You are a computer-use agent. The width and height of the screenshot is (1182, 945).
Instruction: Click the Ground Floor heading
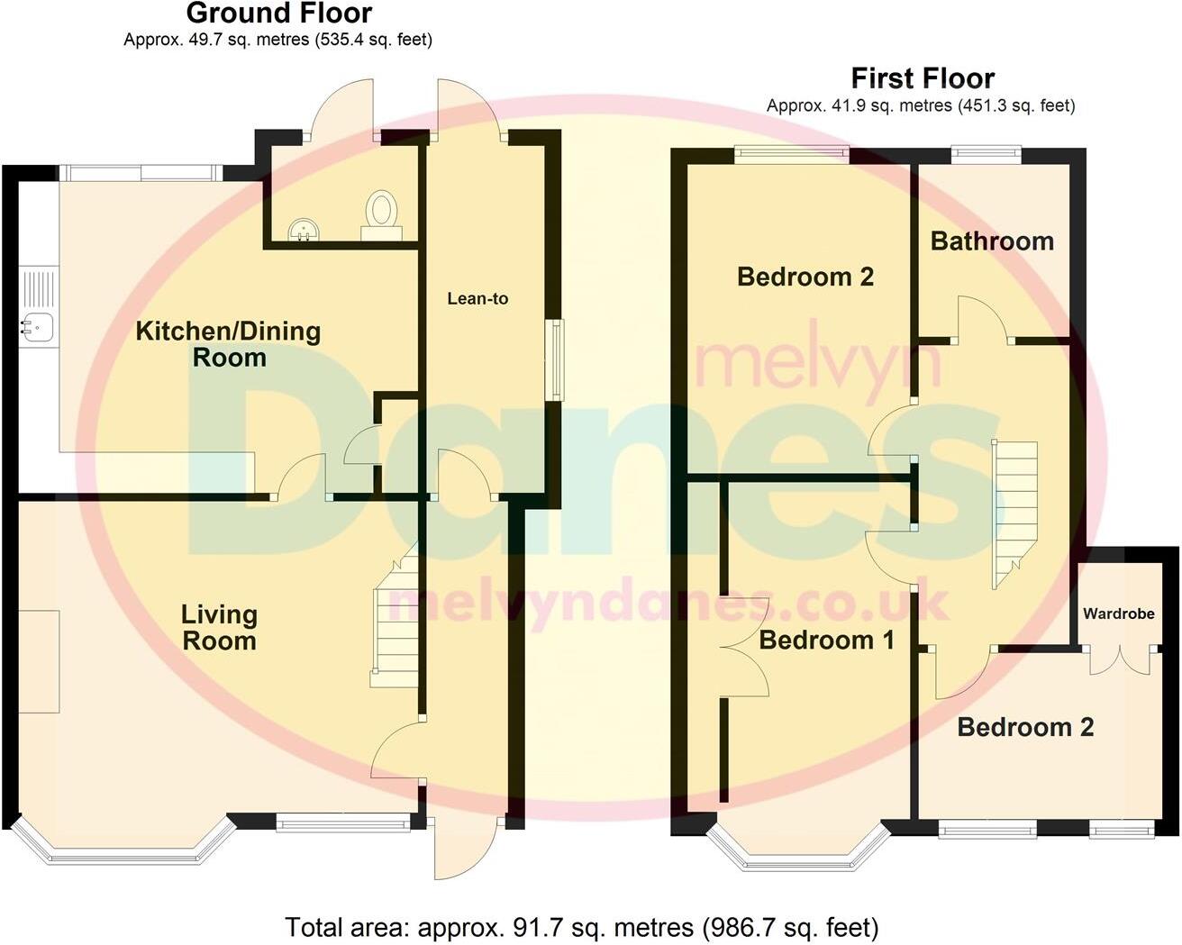pos(278,14)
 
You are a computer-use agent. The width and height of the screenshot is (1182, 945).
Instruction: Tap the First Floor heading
pos(922,78)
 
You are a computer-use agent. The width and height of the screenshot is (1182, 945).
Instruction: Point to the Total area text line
pos(581,927)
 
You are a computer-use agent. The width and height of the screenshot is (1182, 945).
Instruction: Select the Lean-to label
pos(477,298)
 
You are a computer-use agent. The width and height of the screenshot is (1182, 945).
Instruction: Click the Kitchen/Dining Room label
pos(228,343)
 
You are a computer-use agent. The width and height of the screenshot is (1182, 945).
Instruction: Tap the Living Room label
pos(219,627)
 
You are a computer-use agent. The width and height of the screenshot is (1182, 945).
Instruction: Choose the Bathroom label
pos(992,241)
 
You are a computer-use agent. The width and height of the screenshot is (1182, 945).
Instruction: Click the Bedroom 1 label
pos(826,640)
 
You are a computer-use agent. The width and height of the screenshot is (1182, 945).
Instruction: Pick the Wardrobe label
pos(1118,613)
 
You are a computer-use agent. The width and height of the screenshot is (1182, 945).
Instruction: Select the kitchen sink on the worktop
pos(37,325)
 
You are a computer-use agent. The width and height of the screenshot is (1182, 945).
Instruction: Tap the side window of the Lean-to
pos(557,359)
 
